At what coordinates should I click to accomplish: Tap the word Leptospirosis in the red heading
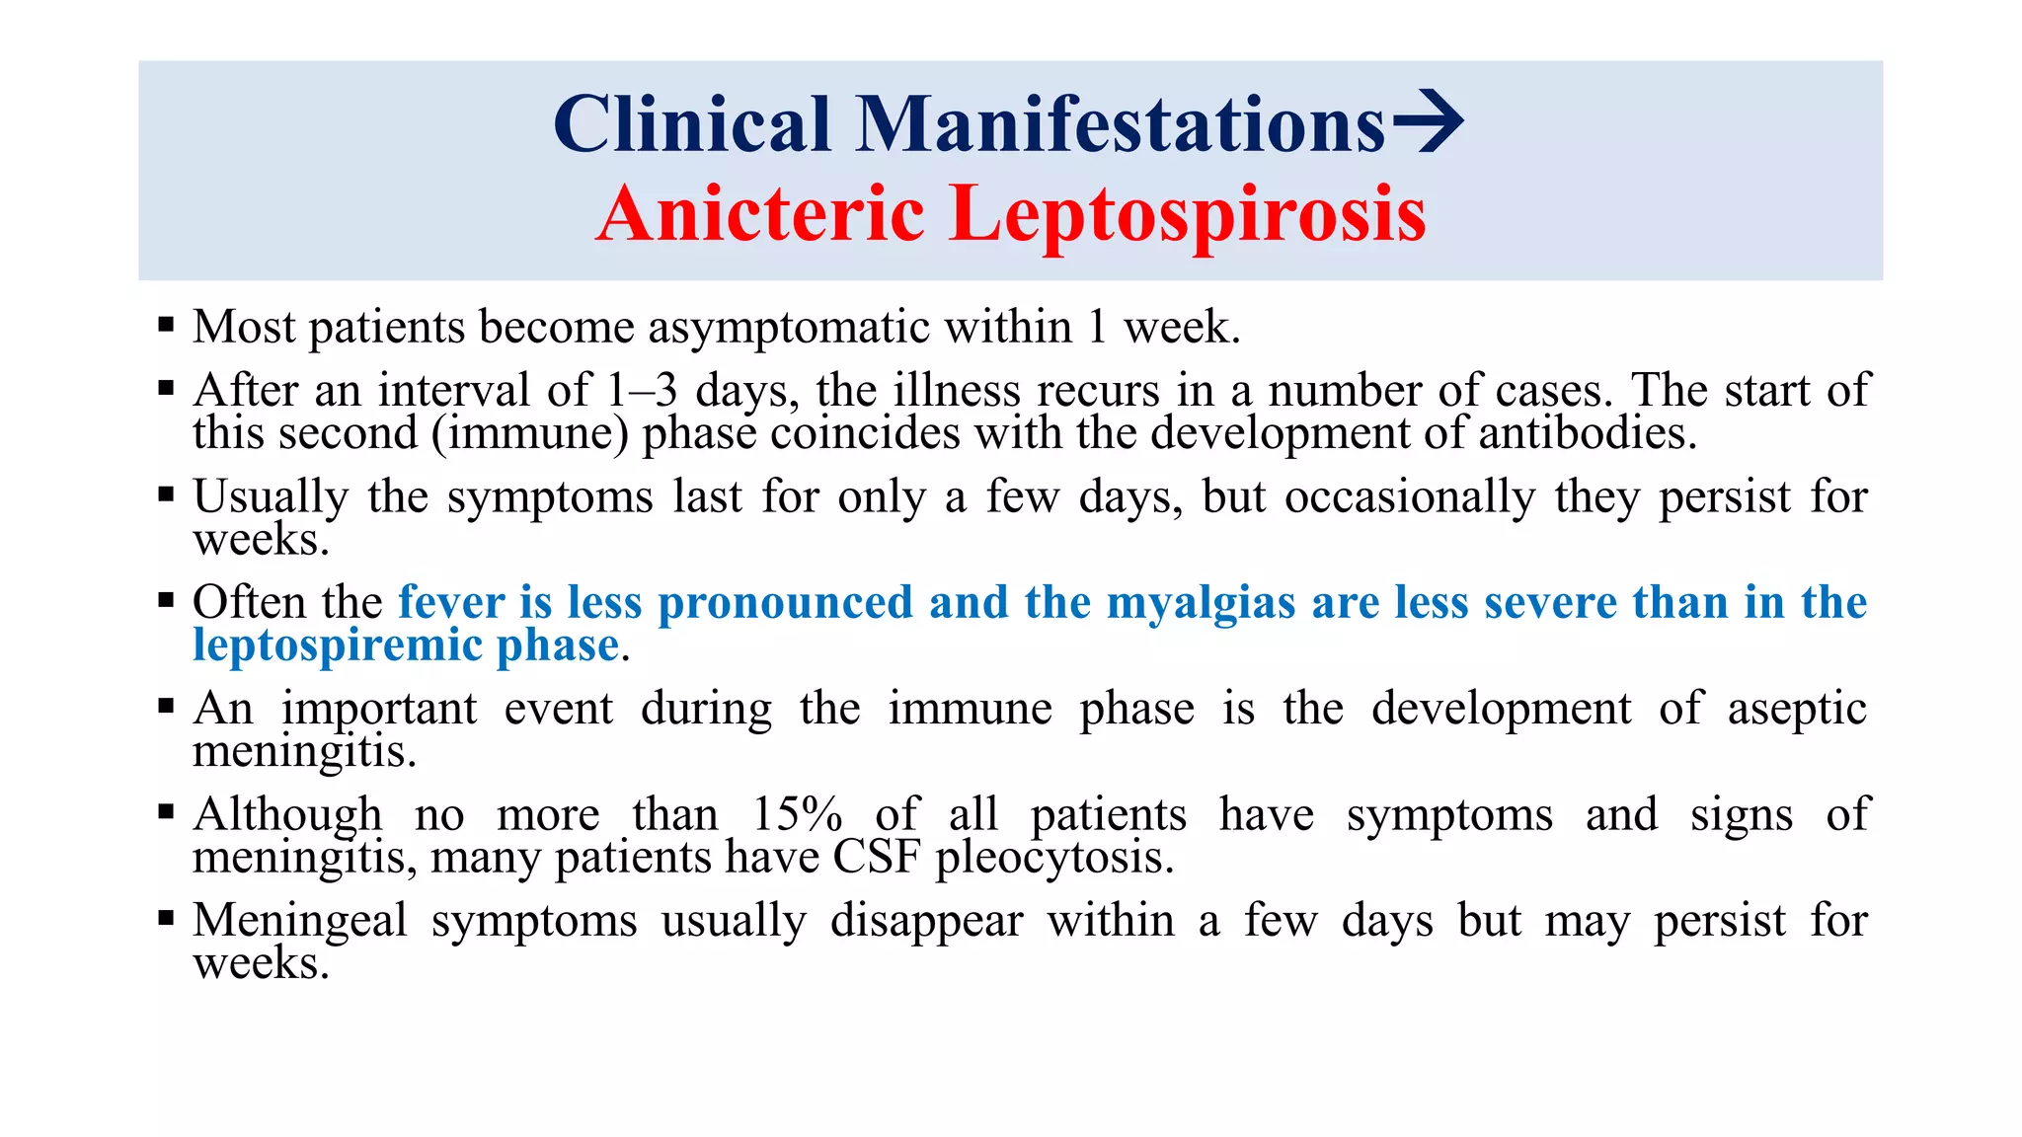pyautogui.click(x=1188, y=215)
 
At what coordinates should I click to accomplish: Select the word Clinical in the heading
pyautogui.click(x=692, y=124)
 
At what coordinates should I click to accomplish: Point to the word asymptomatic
pyautogui.click(x=789, y=328)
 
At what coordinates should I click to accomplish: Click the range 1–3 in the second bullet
pyautogui.click(x=642, y=391)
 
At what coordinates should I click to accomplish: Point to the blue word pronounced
pyautogui.click(x=785, y=603)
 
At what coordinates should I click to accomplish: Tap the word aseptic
pyautogui.click(x=1797, y=709)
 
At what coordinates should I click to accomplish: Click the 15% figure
pyautogui.click(x=797, y=815)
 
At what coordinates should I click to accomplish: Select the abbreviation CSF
pyautogui.click(x=877, y=857)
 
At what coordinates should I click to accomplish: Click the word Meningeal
pyautogui.click(x=300, y=921)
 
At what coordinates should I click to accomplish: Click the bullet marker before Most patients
pyautogui.click(x=166, y=324)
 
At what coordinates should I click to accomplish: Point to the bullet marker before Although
pyautogui.click(x=166, y=811)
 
